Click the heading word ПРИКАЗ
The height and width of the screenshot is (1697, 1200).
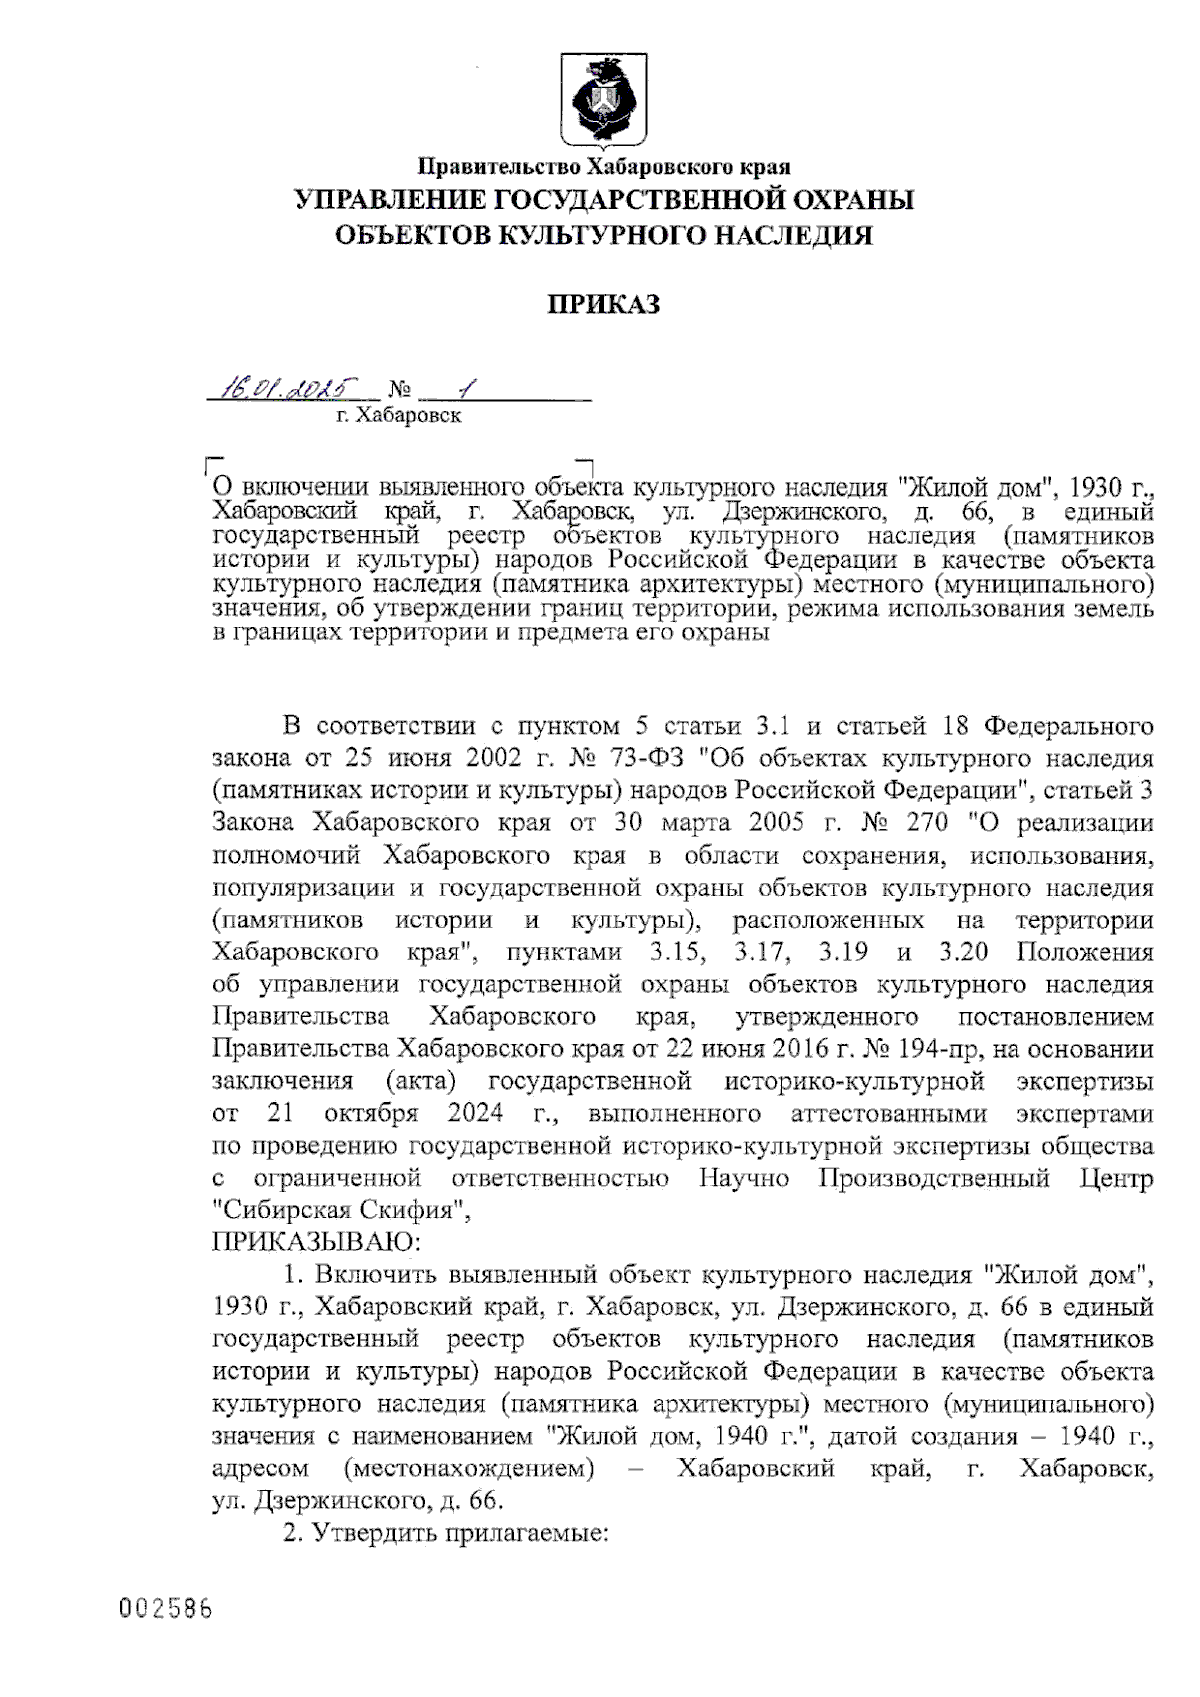[603, 304]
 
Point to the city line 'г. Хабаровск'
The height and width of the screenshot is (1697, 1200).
[399, 415]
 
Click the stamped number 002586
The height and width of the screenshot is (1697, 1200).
[166, 1609]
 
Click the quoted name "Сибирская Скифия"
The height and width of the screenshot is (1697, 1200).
[340, 1210]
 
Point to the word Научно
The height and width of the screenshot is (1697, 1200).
[744, 1178]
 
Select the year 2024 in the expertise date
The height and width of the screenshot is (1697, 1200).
[475, 1114]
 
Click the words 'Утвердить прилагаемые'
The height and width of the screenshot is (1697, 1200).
[460, 1533]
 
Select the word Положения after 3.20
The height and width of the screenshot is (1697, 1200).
[1084, 952]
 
